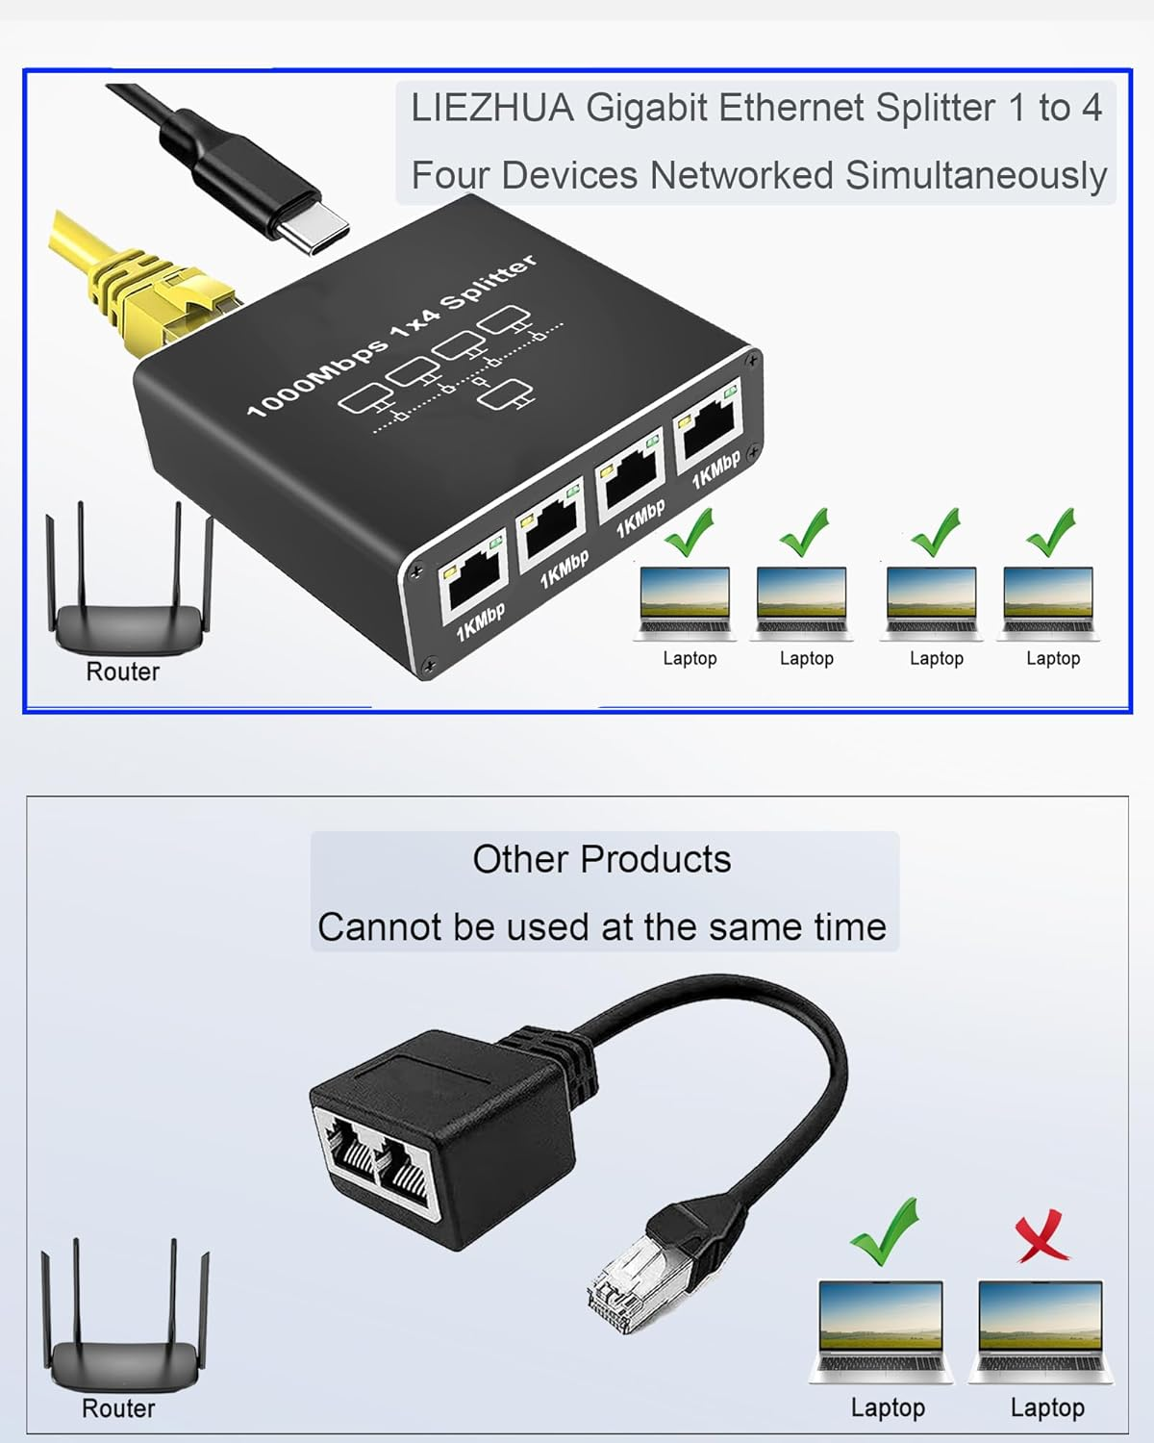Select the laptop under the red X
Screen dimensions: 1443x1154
1041,1332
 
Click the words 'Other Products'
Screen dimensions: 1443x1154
602,859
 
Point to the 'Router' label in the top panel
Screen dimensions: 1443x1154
123,671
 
